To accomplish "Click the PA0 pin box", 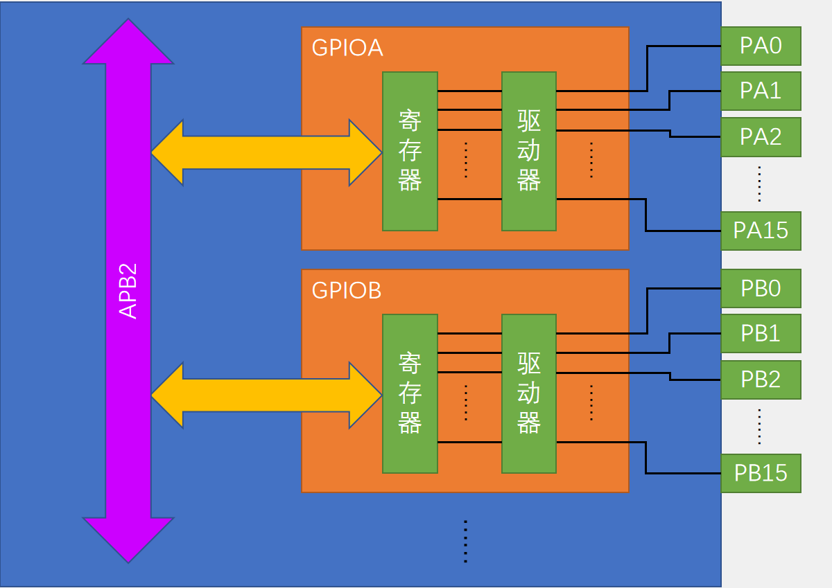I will coord(761,46).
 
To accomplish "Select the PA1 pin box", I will coord(761,91).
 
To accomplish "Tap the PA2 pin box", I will coord(761,136).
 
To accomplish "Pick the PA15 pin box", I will coord(761,231).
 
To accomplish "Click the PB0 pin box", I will coord(761,288).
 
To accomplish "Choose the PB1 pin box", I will coord(761,333).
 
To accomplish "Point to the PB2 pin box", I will coord(761,379).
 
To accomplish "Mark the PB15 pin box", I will coord(761,473).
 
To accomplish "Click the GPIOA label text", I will coord(347,48).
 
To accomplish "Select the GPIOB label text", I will coord(347,290).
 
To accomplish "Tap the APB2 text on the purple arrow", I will coord(128,291).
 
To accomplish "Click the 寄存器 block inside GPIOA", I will coord(410,151).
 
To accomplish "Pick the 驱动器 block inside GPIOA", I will coord(529,151).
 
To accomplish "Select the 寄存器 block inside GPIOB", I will coord(410,393).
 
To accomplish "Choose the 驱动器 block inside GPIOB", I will coord(529,393).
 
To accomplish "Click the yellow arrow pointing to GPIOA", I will coord(266,152).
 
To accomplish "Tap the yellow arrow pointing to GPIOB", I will coord(266,395).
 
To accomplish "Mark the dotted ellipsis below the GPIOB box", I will coord(465,541).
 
